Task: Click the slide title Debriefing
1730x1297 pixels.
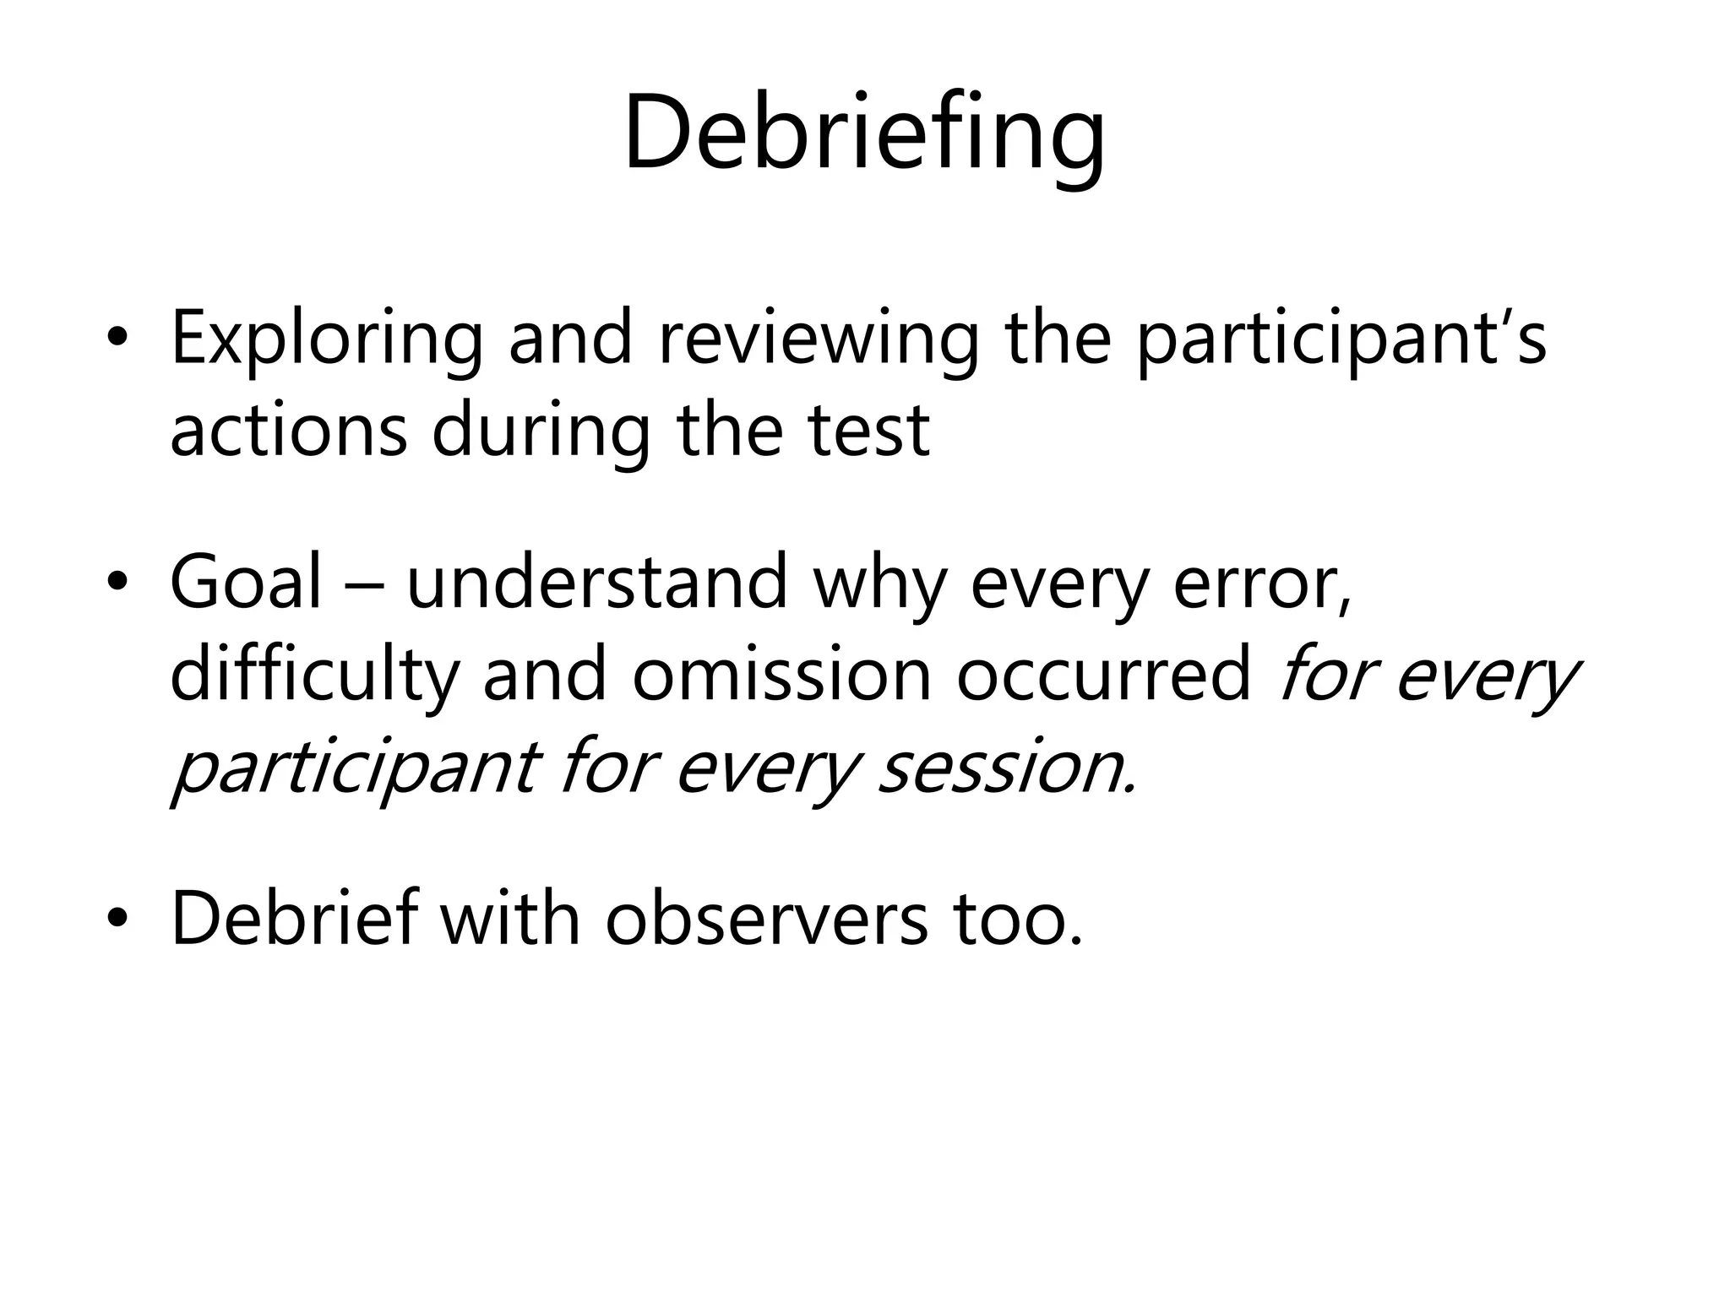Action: tap(864, 135)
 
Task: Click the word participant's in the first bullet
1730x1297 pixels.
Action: tap(1341, 339)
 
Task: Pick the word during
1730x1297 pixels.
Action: tap(541, 430)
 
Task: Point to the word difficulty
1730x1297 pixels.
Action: tap(314, 676)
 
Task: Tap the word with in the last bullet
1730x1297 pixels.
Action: tap(509, 918)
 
